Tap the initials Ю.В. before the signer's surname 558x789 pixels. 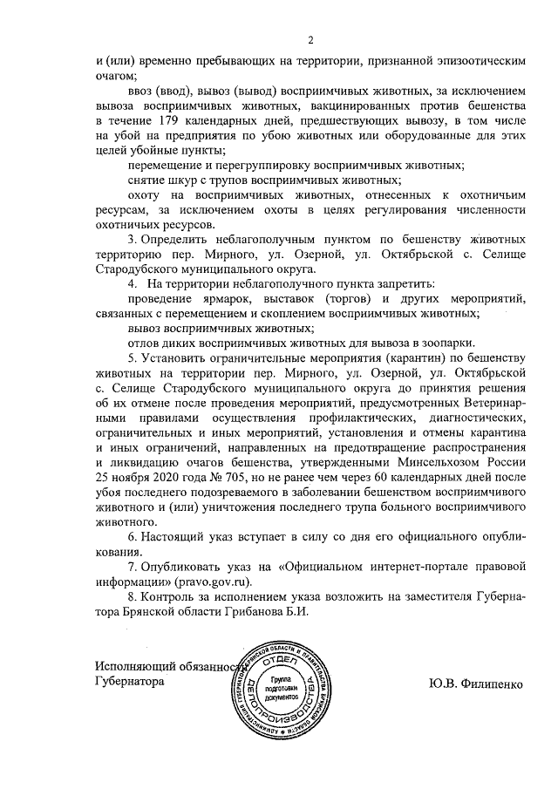pyautogui.click(x=443, y=684)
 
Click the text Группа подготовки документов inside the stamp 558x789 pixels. pyautogui.click(x=285, y=688)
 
